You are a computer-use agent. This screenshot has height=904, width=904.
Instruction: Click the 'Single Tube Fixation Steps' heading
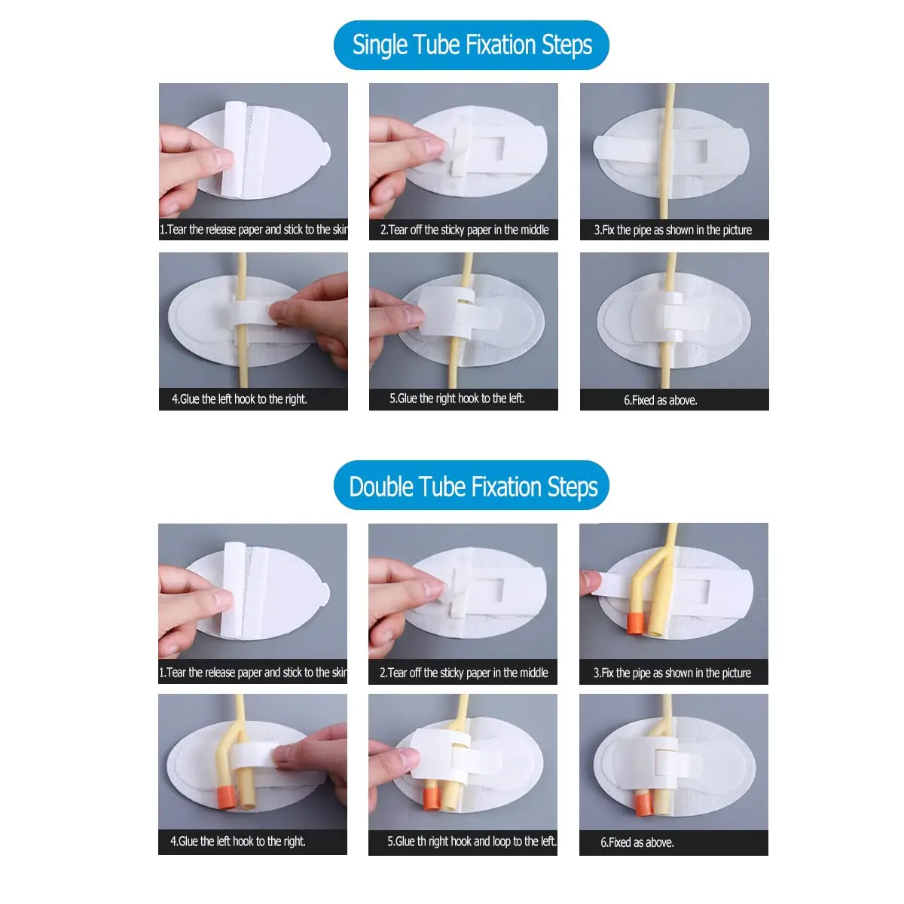coord(472,45)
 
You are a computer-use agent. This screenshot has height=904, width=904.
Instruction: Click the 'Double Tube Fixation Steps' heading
coord(473,487)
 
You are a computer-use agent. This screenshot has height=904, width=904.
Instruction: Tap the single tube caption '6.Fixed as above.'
coord(660,400)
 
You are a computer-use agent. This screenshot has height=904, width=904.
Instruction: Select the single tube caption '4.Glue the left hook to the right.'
coord(240,399)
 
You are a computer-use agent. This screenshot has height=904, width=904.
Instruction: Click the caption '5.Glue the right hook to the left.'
coord(457,399)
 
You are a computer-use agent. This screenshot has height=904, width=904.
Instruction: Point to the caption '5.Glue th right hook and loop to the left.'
coord(472,841)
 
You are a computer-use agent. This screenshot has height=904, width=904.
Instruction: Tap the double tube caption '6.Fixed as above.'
coord(637,842)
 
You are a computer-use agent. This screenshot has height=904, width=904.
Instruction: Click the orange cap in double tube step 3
coord(635,624)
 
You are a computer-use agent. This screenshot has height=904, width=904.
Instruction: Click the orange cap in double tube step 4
coord(227,797)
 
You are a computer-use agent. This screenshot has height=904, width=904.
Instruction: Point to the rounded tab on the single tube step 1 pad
coord(325,152)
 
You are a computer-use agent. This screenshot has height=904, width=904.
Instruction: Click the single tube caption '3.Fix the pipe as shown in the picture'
coord(673,230)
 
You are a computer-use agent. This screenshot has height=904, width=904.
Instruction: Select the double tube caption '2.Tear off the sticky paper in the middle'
coord(463,673)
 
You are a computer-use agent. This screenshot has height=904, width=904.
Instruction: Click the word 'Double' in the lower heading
coord(381,487)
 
